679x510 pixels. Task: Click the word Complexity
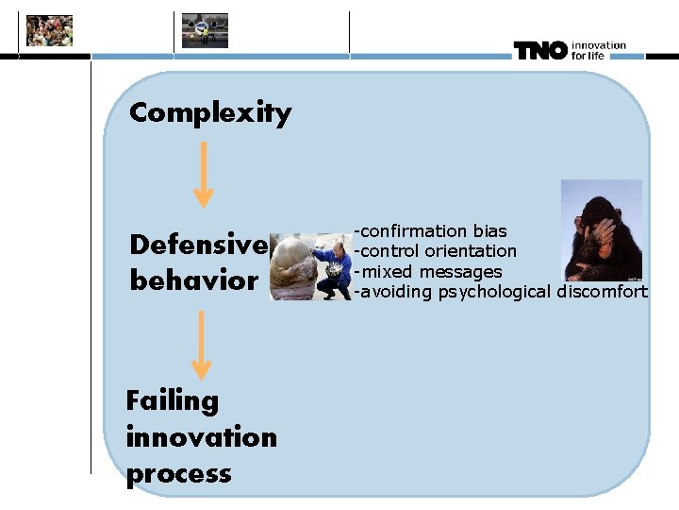click(x=210, y=113)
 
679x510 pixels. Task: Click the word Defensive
click(x=198, y=246)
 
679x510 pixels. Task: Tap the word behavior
click(x=192, y=280)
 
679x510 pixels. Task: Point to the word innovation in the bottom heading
click(x=201, y=437)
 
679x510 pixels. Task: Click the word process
click(x=178, y=473)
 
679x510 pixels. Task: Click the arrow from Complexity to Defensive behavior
click(x=203, y=174)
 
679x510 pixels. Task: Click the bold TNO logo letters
click(x=540, y=50)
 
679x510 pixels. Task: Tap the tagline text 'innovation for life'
click(x=598, y=50)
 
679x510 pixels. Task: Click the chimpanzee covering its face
click(x=602, y=231)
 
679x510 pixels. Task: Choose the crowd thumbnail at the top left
click(x=49, y=31)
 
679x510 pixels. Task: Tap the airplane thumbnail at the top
click(x=205, y=30)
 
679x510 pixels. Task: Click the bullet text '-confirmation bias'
click(x=430, y=231)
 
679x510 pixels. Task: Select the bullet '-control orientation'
click(x=435, y=251)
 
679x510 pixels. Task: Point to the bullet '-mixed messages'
click(x=427, y=272)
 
